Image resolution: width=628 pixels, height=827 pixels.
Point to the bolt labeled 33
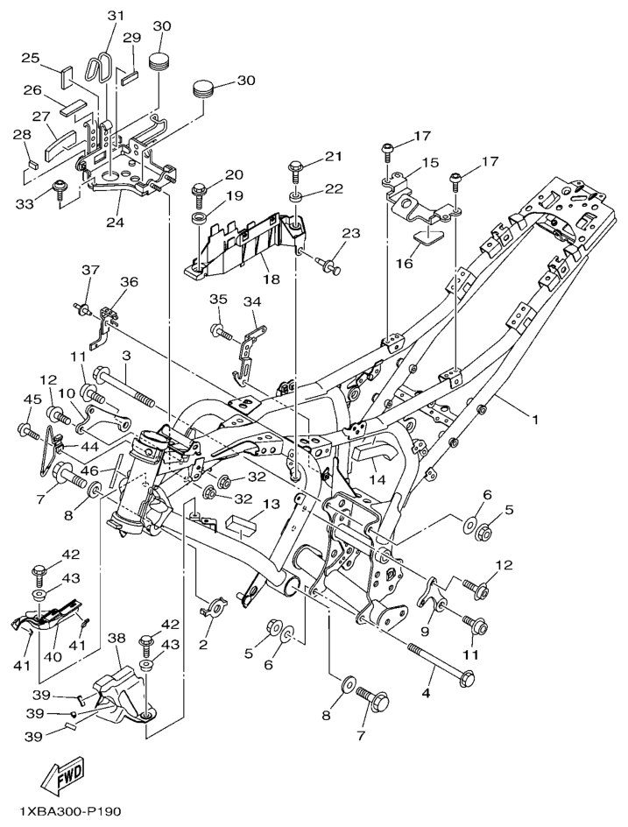[61, 188]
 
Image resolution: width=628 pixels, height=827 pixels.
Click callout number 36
[129, 282]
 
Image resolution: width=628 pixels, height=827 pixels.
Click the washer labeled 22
[297, 192]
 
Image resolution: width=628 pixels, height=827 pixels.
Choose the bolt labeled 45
[28, 431]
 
